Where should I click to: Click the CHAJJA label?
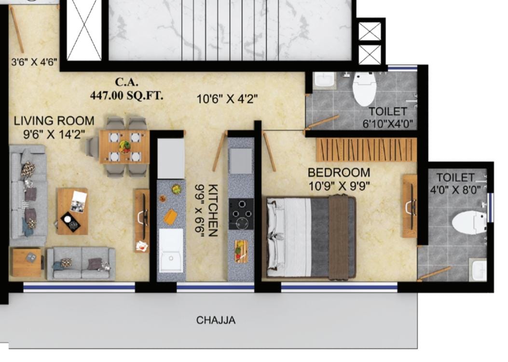tap(216, 320)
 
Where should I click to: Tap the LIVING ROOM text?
tap(54, 121)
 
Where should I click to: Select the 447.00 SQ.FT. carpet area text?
tap(127, 96)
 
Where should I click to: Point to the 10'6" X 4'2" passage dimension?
tap(227, 99)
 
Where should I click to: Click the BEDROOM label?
tap(339, 173)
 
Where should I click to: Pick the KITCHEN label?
tap(213, 211)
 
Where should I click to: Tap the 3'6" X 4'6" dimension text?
tap(34, 62)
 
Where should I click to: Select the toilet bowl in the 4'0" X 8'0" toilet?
tap(469, 222)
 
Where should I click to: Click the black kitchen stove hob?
tap(241, 214)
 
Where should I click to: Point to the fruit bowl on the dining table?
tap(125, 147)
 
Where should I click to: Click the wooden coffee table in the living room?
tap(72, 211)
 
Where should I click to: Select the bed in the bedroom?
tap(311, 237)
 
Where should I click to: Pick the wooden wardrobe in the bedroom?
tap(366, 149)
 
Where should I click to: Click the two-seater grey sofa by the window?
tap(81, 264)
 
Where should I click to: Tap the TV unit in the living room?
tap(142, 220)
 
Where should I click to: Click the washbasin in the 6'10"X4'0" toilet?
tap(324, 80)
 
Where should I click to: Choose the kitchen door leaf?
tap(220, 151)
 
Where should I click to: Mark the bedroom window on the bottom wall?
tap(339, 287)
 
